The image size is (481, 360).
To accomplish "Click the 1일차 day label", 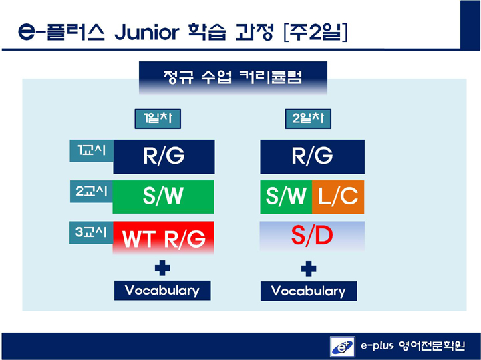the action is (158, 119).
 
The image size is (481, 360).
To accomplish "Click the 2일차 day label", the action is (308, 119).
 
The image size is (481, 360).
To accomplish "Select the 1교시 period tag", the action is (92, 150).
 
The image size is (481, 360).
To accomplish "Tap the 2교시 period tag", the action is (92, 191).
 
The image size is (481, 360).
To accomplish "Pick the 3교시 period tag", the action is (92, 232).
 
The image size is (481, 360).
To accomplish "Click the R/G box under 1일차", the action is (164, 157).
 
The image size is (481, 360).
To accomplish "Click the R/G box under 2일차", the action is (312, 157).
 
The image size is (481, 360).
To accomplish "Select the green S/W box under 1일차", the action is (163, 197).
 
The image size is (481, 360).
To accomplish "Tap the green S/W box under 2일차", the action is (286, 197).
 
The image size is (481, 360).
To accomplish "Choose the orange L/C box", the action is (338, 197).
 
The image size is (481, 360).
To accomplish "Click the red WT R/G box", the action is (164, 238).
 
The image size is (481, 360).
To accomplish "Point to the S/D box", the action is (312, 236).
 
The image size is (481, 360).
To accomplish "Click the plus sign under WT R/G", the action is (162, 268).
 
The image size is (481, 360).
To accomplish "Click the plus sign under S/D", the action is (309, 269).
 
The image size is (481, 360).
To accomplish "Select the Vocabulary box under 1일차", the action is (162, 290).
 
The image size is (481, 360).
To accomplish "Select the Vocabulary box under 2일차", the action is (309, 291).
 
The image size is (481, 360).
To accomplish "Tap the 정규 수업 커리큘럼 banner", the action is (233, 77).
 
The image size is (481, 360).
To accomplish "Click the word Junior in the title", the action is (146, 32).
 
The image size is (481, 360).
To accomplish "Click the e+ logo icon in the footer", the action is (343, 347).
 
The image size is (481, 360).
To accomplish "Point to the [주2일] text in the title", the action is (316, 32).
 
